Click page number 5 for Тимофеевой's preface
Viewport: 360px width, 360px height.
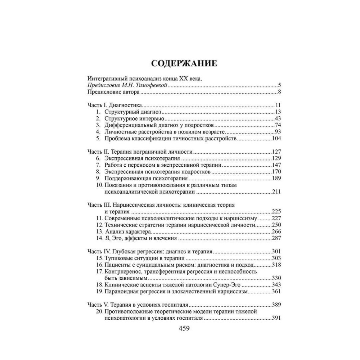tap(279, 86)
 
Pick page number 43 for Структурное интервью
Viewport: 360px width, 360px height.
tap(277, 118)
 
